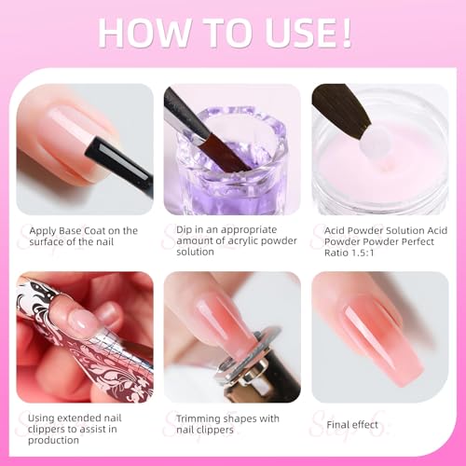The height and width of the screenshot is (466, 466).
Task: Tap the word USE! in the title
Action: [x=301, y=32]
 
